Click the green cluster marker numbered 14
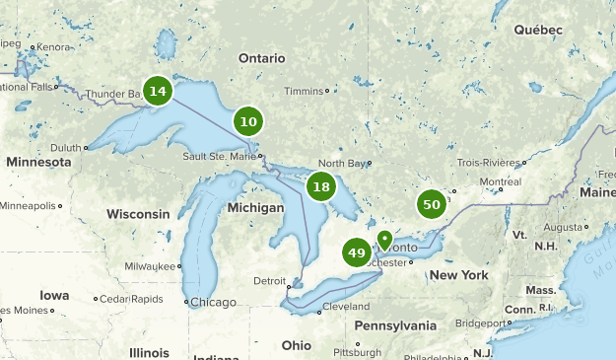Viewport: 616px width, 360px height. tap(157, 91)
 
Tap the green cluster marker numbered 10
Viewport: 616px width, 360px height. tap(248, 122)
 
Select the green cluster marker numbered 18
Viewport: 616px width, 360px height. tap(320, 185)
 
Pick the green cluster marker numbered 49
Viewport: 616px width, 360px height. tap(357, 253)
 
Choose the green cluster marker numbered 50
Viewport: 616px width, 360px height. tap(431, 204)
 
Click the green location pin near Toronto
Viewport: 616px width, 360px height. tap(384, 240)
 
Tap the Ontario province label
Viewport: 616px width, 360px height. tap(261, 58)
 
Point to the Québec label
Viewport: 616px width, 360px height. tap(537, 30)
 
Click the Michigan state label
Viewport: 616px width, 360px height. tap(255, 209)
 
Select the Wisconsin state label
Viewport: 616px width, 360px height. tap(139, 214)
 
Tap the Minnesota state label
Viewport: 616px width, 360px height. tap(38, 161)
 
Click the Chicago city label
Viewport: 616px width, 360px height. tap(214, 302)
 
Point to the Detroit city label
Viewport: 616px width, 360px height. tap(269, 281)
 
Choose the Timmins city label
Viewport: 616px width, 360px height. tap(304, 91)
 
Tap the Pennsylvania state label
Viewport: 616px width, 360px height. tap(394, 324)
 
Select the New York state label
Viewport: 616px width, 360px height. tap(459, 275)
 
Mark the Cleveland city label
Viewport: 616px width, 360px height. tap(345, 307)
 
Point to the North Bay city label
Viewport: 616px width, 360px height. tap(344, 163)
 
